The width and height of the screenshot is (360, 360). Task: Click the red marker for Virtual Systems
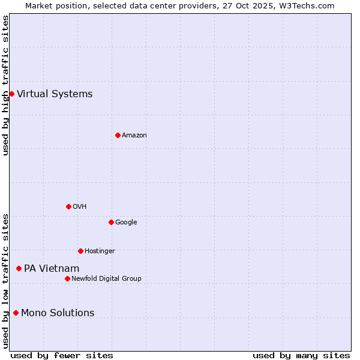click(x=11, y=94)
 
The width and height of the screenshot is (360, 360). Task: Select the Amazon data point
click(x=118, y=135)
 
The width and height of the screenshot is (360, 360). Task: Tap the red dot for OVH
click(x=68, y=206)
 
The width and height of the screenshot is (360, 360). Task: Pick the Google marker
click(x=111, y=222)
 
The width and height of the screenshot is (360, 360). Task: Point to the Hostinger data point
click(x=80, y=251)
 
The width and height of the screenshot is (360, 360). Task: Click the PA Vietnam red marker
click(x=19, y=268)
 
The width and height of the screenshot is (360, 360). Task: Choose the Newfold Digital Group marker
click(x=67, y=278)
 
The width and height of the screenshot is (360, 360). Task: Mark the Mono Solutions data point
click(x=16, y=313)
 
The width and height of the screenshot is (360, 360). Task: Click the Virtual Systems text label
click(x=55, y=94)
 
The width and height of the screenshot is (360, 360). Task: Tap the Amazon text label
click(x=134, y=135)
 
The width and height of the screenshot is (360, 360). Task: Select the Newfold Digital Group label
click(x=106, y=278)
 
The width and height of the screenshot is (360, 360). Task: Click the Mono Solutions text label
click(x=58, y=313)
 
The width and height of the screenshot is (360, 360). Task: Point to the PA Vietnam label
click(x=52, y=268)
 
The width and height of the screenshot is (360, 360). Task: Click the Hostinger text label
click(x=100, y=251)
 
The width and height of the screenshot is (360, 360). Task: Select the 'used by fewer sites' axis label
click(x=62, y=355)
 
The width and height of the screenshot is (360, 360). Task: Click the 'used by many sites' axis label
click(x=301, y=355)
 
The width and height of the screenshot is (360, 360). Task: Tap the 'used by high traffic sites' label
click(x=5, y=85)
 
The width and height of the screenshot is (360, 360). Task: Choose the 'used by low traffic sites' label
click(x=5, y=281)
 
